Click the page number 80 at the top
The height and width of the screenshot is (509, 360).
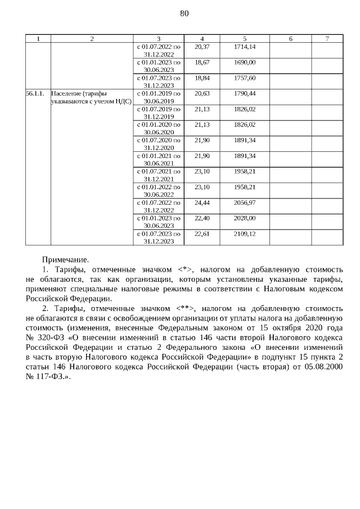point(184,13)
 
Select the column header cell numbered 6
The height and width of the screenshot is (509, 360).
point(290,38)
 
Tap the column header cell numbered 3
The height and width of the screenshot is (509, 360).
point(159,38)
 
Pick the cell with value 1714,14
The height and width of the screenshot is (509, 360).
point(244,46)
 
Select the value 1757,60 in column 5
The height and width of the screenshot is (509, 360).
point(244,78)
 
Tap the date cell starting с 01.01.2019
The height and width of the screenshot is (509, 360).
point(159,97)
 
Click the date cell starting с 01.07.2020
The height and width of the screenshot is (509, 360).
point(159,144)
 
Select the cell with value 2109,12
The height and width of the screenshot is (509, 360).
point(244,233)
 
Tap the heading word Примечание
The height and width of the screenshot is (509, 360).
point(65,260)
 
